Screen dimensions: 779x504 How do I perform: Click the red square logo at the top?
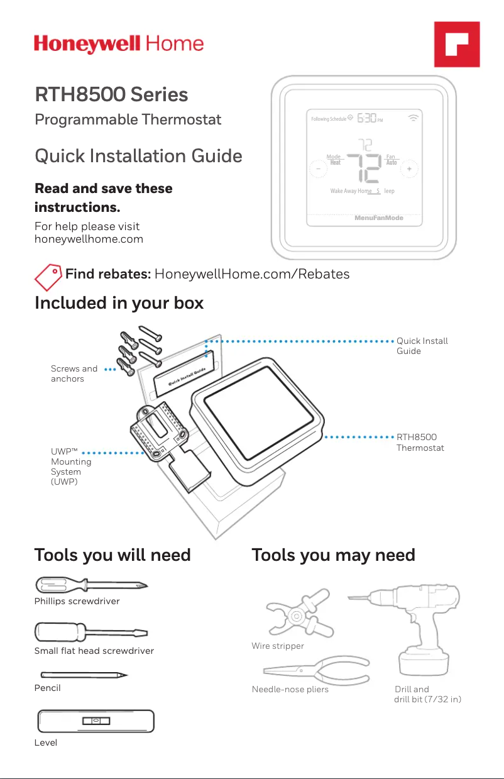pos(457,44)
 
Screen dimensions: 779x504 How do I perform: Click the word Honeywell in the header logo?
pos(88,45)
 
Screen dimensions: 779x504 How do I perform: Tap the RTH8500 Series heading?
pos(111,95)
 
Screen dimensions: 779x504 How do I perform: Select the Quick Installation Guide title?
pos(138,155)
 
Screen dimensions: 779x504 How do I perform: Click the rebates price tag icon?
pos(48,275)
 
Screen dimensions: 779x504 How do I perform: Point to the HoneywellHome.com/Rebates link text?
pos(252,274)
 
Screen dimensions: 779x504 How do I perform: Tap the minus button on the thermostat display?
pos(318,169)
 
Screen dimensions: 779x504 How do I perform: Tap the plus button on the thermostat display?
pos(409,169)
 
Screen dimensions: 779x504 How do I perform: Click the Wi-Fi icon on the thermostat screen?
pos(413,118)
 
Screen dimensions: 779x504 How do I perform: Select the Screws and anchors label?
pos(74,373)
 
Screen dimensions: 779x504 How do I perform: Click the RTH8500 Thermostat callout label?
pos(420,442)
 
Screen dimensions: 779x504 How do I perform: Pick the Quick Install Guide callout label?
pos(422,346)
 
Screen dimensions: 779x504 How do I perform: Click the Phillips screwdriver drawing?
pos(91,585)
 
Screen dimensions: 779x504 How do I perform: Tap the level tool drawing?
pos(96,721)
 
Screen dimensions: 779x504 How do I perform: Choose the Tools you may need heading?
pos(333,555)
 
